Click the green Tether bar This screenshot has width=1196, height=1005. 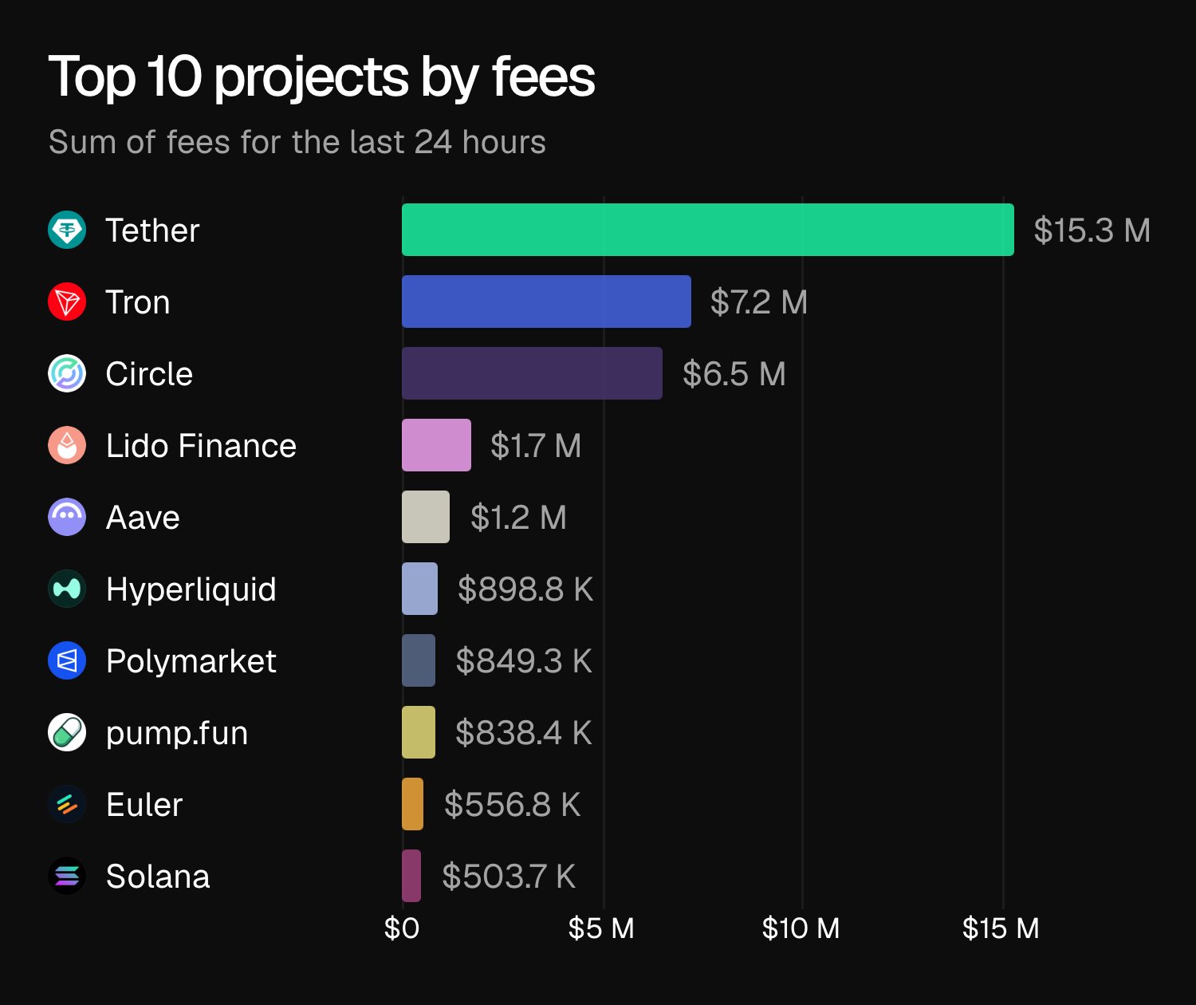[x=707, y=230]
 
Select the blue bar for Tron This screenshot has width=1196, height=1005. [x=546, y=301]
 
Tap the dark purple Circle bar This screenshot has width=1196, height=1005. [x=532, y=373]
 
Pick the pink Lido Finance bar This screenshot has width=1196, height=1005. [x=436, y=445]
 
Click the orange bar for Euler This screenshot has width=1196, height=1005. [x=412, y=804]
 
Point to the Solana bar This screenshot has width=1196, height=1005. [x=411, y=876]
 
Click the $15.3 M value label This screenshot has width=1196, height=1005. [x=1092, y=231]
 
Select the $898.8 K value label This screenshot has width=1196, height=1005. [x=525, y=589]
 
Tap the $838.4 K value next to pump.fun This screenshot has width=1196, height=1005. [x=523, y=733]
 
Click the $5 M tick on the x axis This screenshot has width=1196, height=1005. [x=601, y=928]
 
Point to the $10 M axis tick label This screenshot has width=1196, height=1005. [x=801, y=928]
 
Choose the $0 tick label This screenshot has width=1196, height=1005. [x=401, y=928]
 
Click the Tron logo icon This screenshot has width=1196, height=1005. [x=67, y=302]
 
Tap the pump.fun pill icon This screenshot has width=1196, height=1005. [x=67, y=732]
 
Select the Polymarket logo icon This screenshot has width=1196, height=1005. [x=67, y=661]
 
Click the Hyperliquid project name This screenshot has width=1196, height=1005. [x=191, y=589]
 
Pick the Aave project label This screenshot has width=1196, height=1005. [x=143, y=518]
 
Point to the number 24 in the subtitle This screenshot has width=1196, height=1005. [x=433, y=142]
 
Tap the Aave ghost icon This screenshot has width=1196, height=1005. [x=67, y=517]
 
